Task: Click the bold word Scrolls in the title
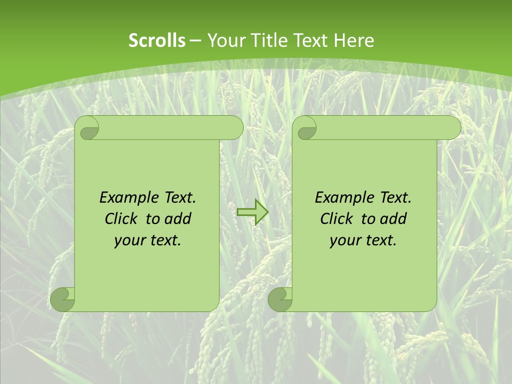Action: click(x=157, y=41)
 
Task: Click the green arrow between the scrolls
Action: click(x=252, y=212)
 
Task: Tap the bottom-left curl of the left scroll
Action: click(x=63, y=299)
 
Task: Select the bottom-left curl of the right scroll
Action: click(x=281, y=299)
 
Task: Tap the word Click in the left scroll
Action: click(x=121, y=219)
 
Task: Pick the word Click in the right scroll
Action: click(x=337, y=219)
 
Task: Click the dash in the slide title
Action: click(x=196, y=41)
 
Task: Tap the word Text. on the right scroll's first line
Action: click(x=395, y=198)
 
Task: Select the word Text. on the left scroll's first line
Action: click(x=180, y=198)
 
